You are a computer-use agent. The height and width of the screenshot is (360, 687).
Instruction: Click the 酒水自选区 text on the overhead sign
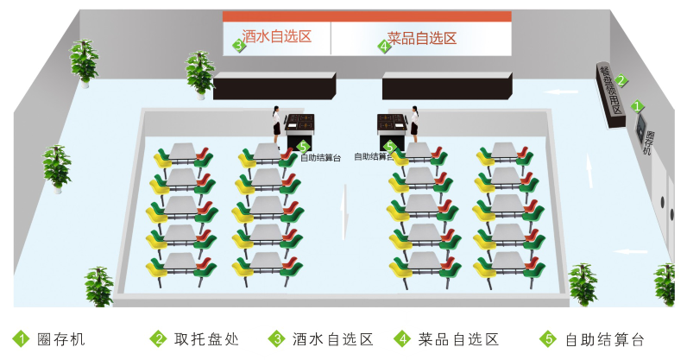coord(276,36)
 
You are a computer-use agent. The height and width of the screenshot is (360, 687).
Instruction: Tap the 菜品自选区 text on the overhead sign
coord(421,38)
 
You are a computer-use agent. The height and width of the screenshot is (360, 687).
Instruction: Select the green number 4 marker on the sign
coord(384,46)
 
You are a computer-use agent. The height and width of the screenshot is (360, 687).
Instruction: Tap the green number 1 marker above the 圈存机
coord(638,106)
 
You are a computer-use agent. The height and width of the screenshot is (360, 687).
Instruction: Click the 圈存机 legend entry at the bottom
coord(60,339)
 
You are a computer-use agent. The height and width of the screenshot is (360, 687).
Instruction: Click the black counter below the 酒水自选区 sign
coord(274,85)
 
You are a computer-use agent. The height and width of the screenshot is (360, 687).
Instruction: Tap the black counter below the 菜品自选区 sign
coord(447,85)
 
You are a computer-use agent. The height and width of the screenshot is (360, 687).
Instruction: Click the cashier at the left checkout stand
coord(276,123)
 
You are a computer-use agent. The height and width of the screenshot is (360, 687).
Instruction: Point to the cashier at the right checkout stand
coord(415,123)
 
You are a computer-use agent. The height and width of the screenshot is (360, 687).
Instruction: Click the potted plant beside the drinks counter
coord(200,73)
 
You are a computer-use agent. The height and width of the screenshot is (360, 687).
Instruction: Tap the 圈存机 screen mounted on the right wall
coord(640,128)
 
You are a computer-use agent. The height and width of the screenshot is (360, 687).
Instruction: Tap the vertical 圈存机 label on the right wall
coord(650,142)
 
